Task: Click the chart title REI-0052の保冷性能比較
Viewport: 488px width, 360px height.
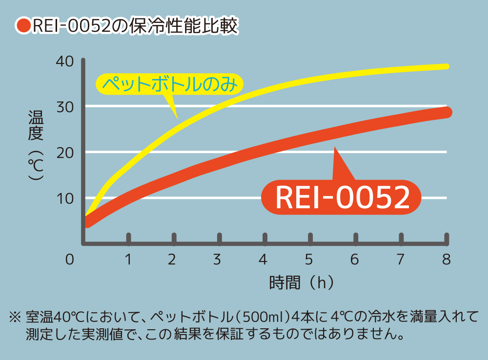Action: [135, 26]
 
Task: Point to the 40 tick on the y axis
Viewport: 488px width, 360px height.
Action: [64, 62]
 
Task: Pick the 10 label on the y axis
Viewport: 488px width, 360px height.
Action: [64, 199]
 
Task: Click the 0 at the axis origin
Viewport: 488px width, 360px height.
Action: [70, 259]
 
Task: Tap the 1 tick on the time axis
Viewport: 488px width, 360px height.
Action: [128, 259]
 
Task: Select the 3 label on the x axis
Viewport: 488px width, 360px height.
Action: [218, 259]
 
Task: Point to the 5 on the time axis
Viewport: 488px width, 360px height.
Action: [308, 259]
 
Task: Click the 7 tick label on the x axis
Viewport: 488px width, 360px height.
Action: [400, 259]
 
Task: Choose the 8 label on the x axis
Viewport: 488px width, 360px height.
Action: [446, 259]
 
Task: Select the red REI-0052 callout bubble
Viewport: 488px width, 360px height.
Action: [342, 198]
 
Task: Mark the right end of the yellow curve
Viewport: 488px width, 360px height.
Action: [447, 66]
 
